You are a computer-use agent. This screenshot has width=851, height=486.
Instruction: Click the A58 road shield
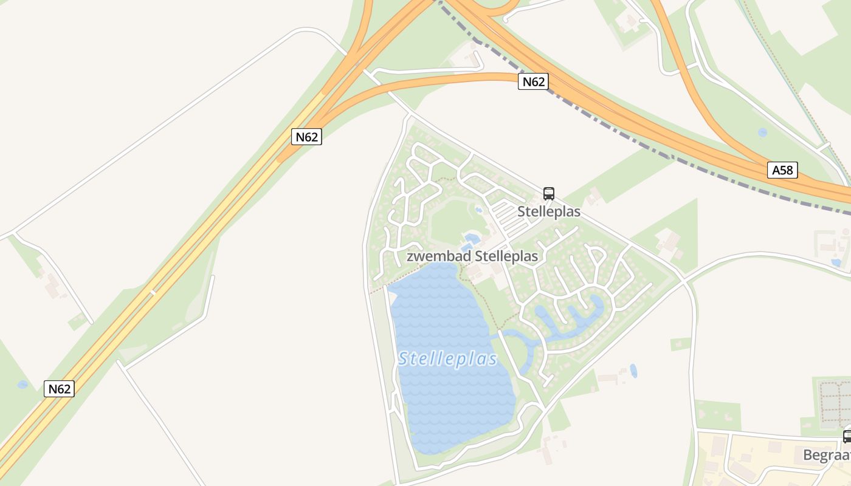782,170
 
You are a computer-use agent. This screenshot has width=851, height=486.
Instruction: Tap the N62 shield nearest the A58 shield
533,81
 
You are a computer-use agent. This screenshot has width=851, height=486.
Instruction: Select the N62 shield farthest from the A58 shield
59,389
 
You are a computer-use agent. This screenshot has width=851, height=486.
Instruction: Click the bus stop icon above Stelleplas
549,194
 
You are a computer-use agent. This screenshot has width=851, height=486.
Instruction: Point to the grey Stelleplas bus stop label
549,211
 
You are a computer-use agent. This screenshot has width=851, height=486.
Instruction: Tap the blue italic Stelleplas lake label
448,359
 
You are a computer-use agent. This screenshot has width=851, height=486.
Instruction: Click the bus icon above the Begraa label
847,436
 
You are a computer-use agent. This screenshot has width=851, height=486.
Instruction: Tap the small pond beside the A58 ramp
762,132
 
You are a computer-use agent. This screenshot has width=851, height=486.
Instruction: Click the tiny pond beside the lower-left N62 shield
22,384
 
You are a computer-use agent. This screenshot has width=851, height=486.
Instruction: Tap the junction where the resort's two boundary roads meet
683,280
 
